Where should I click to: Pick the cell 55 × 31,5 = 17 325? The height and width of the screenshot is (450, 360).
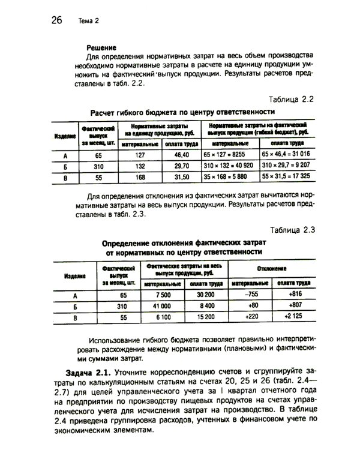coord(286,177)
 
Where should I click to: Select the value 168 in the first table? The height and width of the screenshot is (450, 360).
coord(141,177)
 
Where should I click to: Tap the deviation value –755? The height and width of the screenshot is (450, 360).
coord(251,295)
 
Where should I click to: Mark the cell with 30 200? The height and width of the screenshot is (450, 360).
coord(206,295)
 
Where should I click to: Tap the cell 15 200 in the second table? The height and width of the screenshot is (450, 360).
coord(206,317)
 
